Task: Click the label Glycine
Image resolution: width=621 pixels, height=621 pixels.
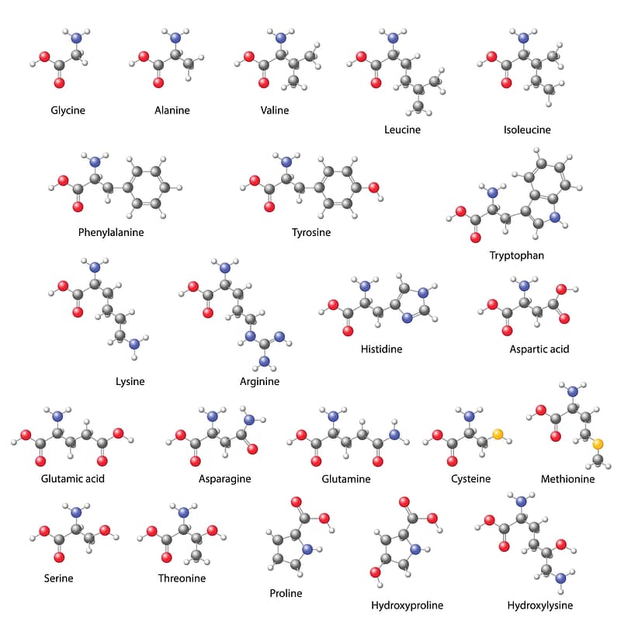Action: [68, 110]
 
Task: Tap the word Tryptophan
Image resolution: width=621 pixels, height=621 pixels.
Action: [516, 255]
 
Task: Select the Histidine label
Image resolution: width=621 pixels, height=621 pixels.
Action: [381, 349]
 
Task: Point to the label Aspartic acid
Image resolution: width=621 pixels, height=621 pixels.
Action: [539, 349]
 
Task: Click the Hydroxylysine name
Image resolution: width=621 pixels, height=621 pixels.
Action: [539, 605]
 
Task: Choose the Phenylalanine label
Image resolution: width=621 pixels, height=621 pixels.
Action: [111, 232]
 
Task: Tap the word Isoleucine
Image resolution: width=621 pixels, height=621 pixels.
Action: [526, 130]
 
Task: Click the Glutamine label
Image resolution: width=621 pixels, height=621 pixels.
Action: [346, 479]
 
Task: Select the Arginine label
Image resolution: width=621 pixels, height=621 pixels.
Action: [259, 381]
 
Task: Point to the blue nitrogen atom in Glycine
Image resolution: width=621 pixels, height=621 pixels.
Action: [76, 37]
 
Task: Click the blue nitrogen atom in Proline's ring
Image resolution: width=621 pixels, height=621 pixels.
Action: [307, 550]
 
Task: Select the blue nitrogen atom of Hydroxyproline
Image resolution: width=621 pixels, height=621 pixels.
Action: [415, 550]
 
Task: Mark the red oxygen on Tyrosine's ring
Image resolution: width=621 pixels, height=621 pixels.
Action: [373, 188]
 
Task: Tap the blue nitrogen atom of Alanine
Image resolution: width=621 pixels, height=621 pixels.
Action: [175, 37]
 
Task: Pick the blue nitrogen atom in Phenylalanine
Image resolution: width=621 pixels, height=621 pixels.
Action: [95, 162]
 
